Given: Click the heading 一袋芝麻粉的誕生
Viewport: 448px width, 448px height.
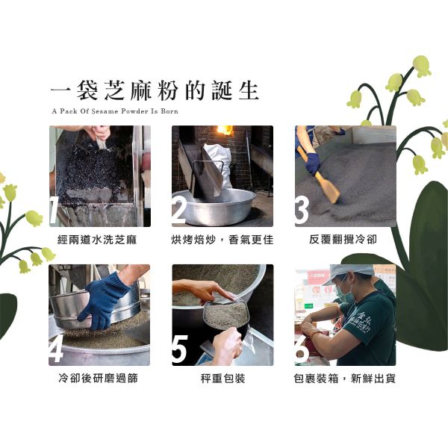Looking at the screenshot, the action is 155,90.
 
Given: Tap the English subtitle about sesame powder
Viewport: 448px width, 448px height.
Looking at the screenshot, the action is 115,111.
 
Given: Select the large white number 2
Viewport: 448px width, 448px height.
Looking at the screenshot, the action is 179,211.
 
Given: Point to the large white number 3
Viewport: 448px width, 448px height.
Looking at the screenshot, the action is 302,210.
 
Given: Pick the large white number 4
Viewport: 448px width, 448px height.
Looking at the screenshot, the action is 56,348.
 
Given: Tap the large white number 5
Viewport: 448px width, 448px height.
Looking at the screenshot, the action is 180,349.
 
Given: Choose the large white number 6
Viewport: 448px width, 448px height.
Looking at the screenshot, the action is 302,349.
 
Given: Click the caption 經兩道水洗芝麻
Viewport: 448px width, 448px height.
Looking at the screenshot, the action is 97,240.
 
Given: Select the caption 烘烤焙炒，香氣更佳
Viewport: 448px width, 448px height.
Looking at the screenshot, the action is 223,240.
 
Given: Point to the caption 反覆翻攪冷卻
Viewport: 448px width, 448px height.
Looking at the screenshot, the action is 343,239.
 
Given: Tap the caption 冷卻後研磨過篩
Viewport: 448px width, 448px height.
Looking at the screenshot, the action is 98,379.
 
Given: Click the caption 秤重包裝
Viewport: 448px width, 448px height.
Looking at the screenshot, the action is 223,379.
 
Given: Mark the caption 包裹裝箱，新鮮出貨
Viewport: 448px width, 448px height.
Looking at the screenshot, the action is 344,379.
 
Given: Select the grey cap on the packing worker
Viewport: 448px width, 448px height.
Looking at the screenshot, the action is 348,273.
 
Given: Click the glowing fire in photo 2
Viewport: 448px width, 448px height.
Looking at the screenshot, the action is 225,130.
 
